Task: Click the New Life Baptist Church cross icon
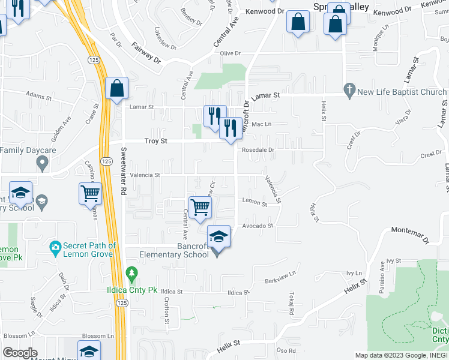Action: click(348, 91)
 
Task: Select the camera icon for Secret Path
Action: click(55, 247)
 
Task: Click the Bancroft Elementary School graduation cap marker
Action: click(218, 236)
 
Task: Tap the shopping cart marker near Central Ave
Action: click(200, 207)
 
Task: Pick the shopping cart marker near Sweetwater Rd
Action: click(90, 193)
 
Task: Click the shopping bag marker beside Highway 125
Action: click(116, 88)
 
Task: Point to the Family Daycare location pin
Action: click(42, 162)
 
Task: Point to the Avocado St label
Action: click(258, 226)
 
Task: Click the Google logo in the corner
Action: click(20, 353)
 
